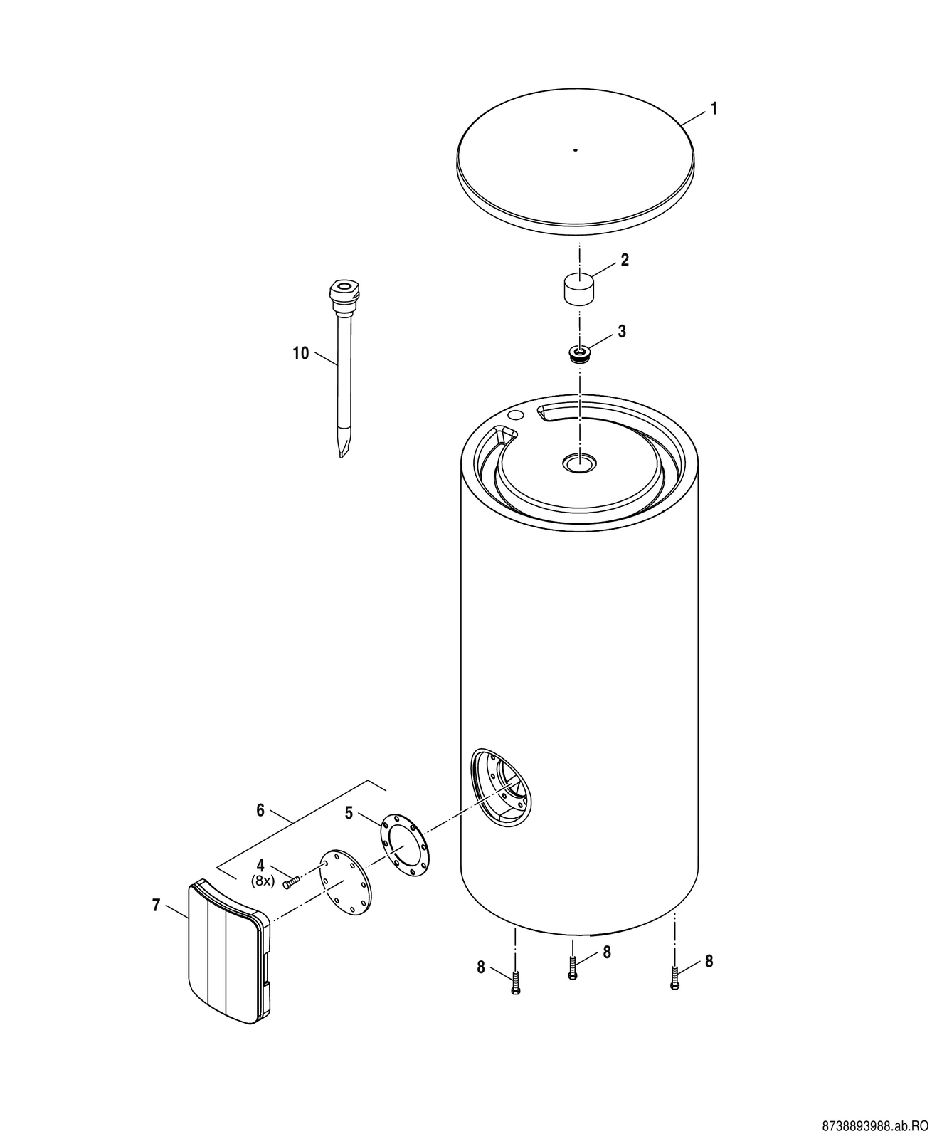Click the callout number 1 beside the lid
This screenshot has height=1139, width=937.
click(714, 109)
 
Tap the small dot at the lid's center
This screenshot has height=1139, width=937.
click(576, 150)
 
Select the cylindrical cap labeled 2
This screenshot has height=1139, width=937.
click(579, 290)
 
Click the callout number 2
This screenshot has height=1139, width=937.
click(625, 261)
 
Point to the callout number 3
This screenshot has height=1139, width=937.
click(622, 332)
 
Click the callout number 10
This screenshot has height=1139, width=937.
click(301, 353)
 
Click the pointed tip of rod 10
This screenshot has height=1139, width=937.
click(341, 457)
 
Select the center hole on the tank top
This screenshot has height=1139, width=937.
click(580, 463)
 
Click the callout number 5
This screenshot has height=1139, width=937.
click(349, 828)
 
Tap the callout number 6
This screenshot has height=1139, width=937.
click(260, 810)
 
